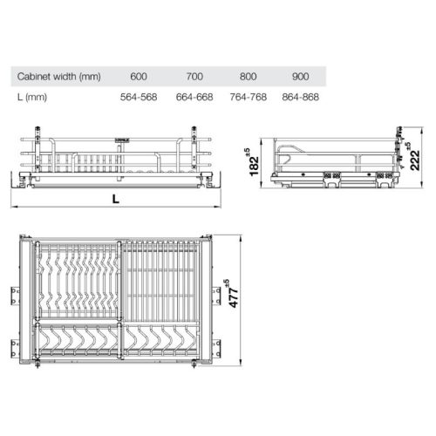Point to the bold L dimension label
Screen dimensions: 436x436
[x=116, y=200]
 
